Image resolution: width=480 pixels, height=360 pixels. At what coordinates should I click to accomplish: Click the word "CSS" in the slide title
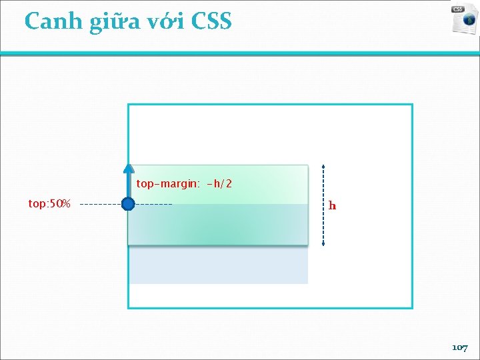click(211, 21)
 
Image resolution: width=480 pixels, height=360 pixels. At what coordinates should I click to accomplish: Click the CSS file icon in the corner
click(464, 19)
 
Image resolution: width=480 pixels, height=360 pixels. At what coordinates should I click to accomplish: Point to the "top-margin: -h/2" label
click(184, 183)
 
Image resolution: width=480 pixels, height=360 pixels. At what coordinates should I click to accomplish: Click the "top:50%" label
click(49, 203)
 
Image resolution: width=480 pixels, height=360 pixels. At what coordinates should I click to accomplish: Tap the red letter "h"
click(332, 206)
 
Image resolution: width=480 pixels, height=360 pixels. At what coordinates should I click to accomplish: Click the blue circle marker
click(129, 204)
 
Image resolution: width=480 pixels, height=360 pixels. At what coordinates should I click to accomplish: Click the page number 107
click(460, 348)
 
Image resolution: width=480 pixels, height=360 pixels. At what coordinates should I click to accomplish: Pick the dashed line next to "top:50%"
click(100, 204)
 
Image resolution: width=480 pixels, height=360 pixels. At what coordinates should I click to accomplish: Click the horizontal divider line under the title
click(240, 54)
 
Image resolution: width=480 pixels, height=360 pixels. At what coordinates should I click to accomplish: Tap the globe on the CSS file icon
click(470, 21)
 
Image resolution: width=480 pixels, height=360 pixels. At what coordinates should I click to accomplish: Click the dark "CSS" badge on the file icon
click(458, 9)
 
